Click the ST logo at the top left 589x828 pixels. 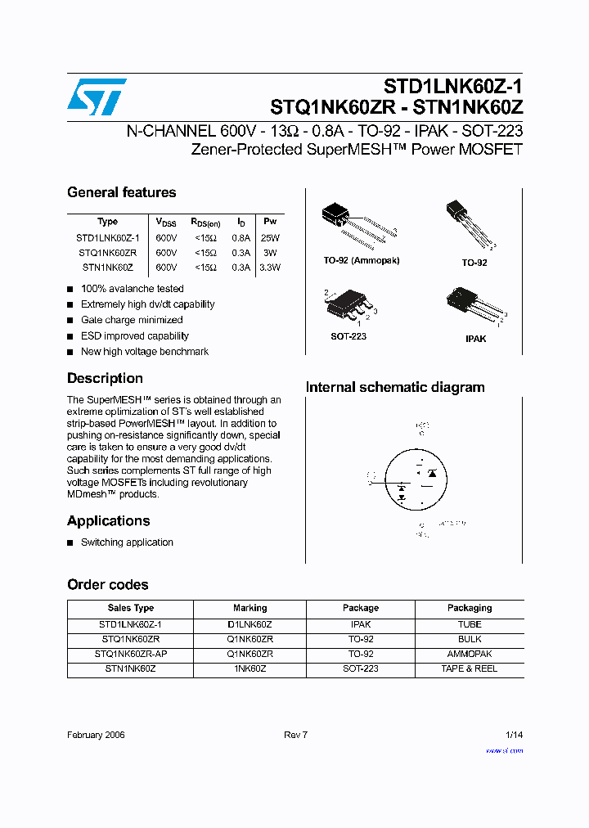tap(97, 97)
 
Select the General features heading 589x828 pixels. tap(121, 192)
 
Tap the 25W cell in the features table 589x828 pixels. tap(270, 237)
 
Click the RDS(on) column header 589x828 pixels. tap(205, 222)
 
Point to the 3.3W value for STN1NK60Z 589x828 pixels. tap(270, 268)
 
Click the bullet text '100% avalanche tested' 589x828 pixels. tap(132, 289)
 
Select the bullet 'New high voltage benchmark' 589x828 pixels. tap(144, 352)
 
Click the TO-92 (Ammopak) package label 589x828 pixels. tap(361, 260)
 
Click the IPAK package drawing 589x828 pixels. tap(474, 307)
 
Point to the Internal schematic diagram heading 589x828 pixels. tap(395, 388)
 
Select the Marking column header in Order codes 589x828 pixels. tap(250, 608)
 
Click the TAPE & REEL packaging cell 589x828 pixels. tap(469, 668)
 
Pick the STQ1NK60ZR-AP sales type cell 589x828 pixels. tap(131, 654)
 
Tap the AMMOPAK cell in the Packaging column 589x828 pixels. tap(469, 654)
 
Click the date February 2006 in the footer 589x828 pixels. tap(96, 735)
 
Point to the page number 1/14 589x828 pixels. tap(514, 735)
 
